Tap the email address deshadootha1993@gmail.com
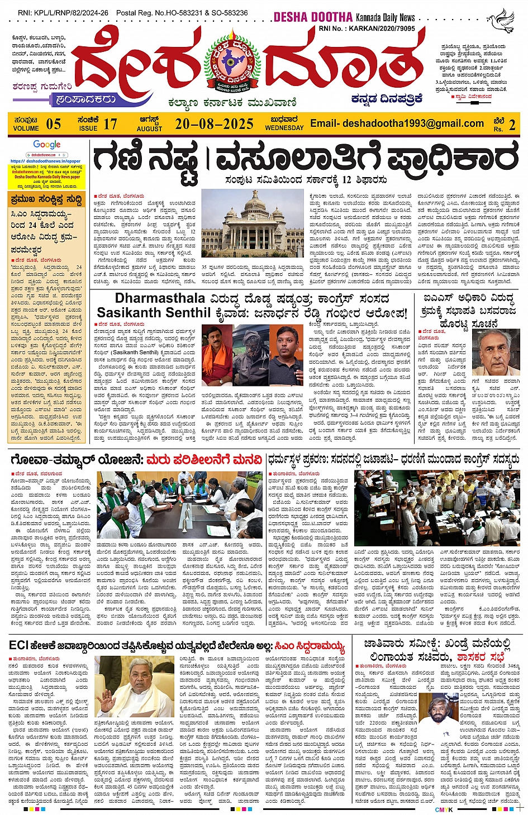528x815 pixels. (397, 123)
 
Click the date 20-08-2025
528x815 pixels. (214, 123)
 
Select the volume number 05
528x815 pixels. (54, 123)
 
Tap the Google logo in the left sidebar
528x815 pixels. (46, 145)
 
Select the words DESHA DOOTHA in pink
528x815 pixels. (313, 17)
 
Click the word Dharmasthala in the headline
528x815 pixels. (160, 298)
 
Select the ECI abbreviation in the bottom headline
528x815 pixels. (20, 646)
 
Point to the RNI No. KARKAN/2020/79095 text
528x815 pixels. (367, 28)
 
